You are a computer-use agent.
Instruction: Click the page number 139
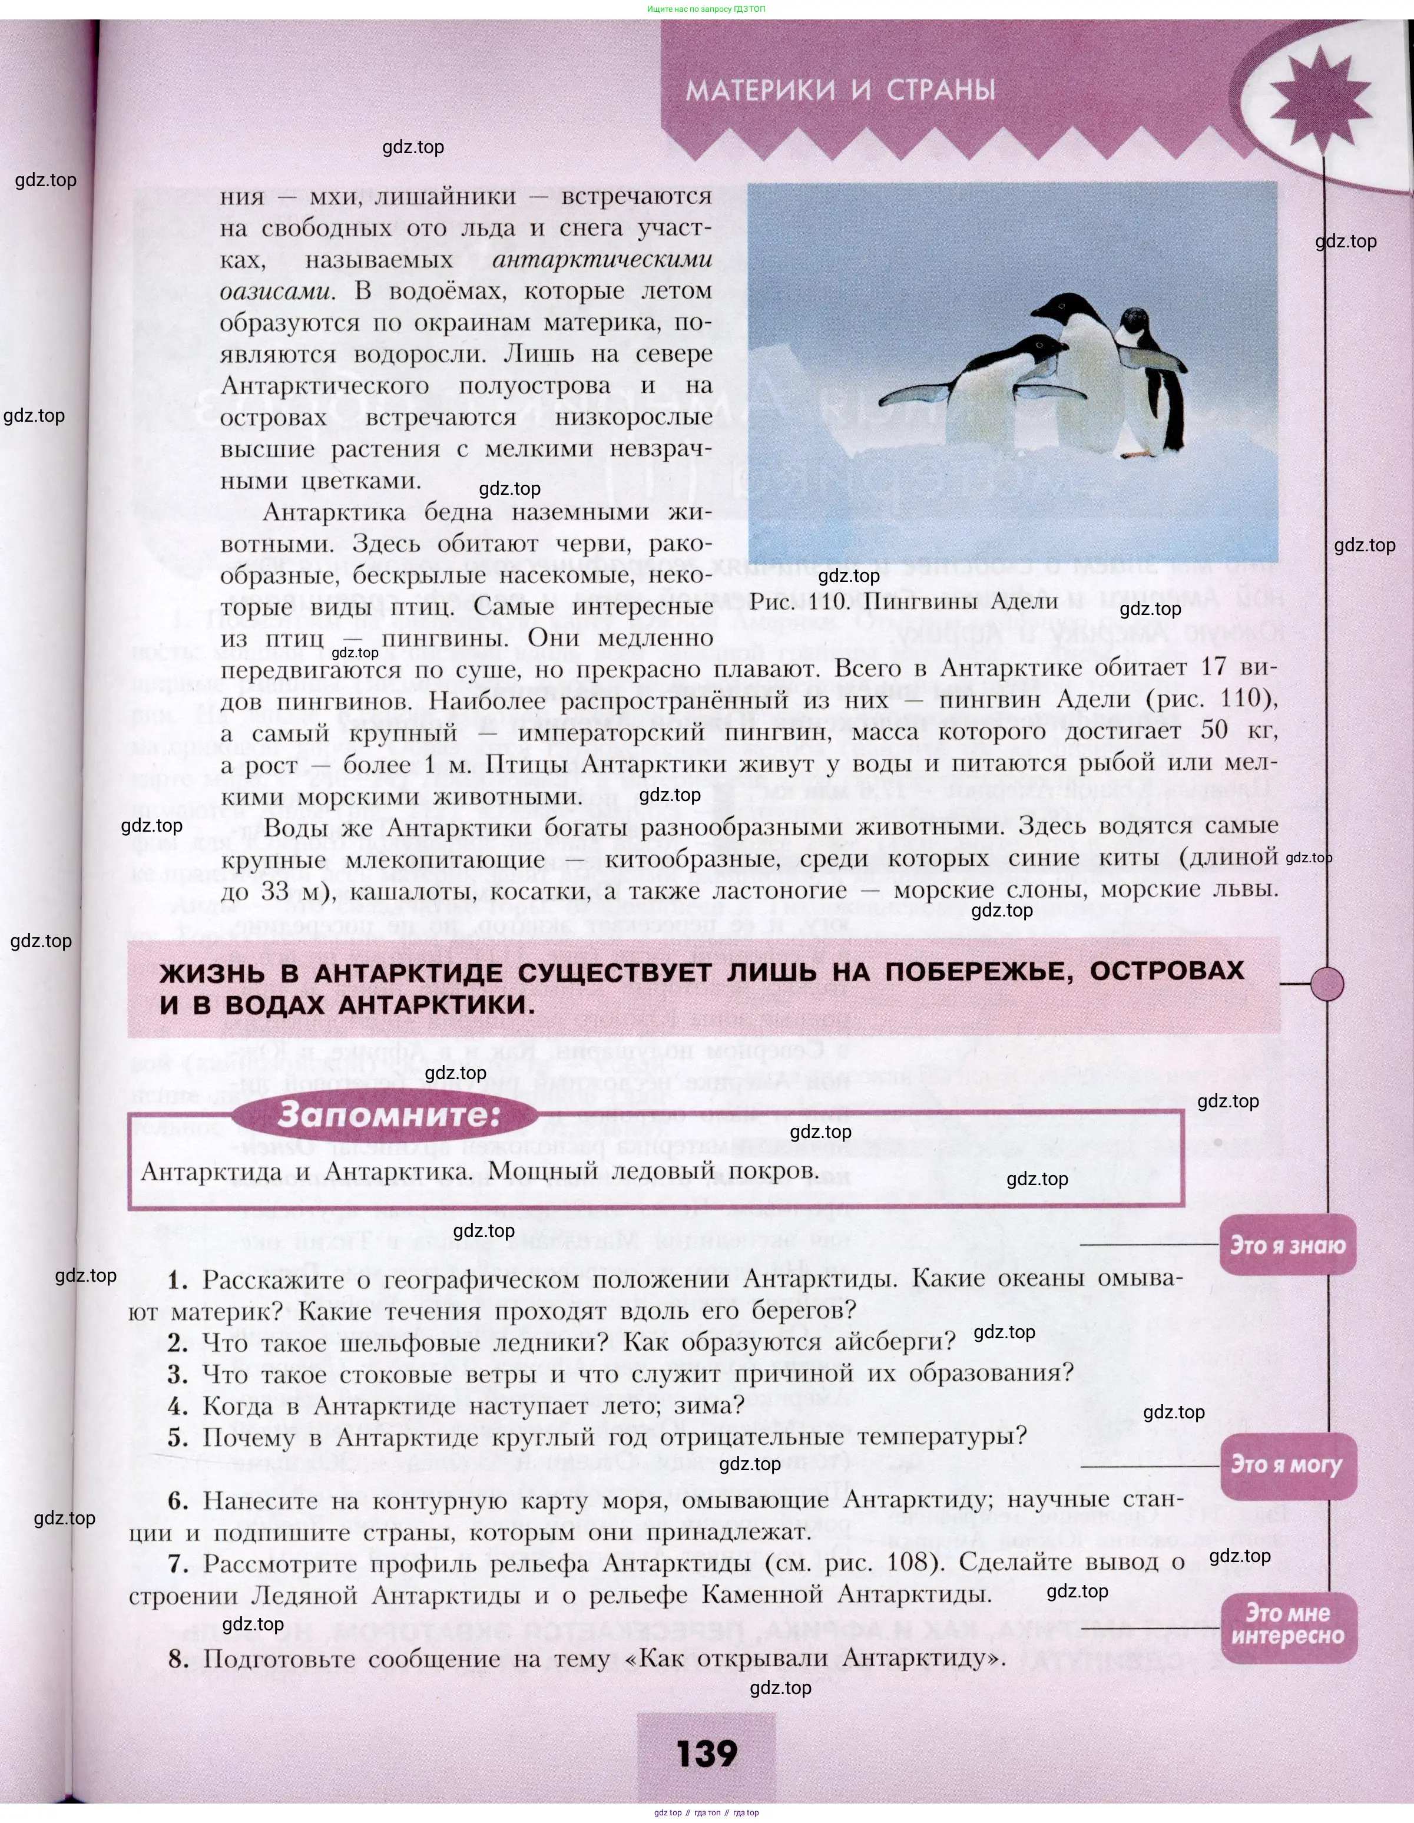click(x=707, y=1753)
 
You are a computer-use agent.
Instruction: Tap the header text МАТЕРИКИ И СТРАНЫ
click(x=840, y=90)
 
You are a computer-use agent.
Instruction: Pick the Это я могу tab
click(x=1287, y=1465)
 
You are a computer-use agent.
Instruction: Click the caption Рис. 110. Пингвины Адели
click(x=903, y=601)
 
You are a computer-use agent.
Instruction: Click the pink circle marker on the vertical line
click(x=1326, y=985)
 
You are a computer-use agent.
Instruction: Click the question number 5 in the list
click(x=178, y=1437)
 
